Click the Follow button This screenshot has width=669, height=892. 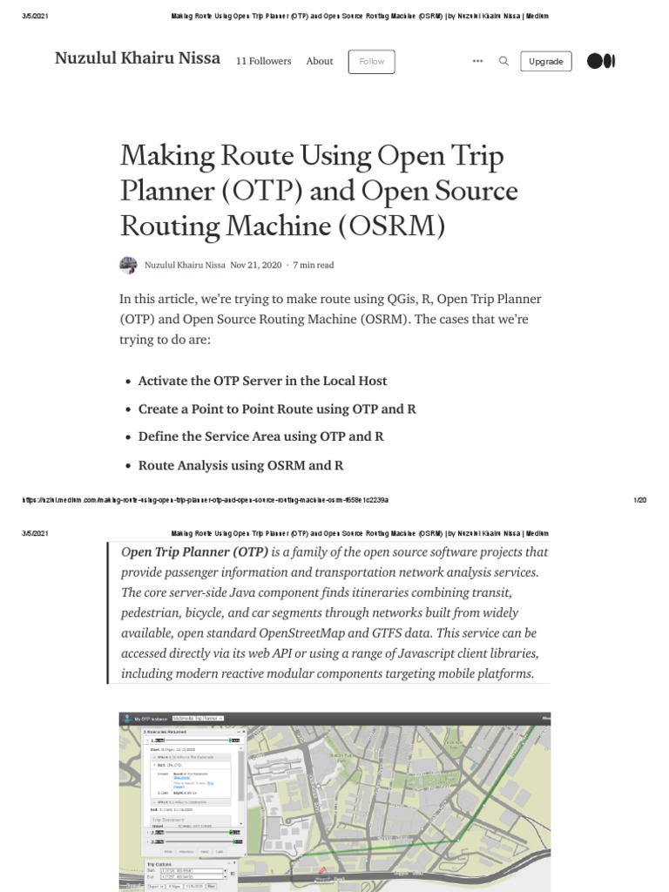pyautogui.click(x=371, y=62)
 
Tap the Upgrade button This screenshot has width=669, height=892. pyautogui.click(x=545, y=62)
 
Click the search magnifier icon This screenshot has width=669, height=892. pyautogui.click(x=503, y=61)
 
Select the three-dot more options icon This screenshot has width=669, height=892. pyautogui.click(x=477, y=61)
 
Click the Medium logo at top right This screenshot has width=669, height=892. pyautogui.click(x=601, y=61)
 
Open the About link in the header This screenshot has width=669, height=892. pyautogui.click(x=320, y=61)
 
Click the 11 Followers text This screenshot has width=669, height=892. pyautogui.click(x=263, y=61)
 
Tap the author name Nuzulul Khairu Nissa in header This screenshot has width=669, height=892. pyautogui.click(x=137, y=58)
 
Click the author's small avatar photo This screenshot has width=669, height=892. pyautogui.click(x=128, y=265)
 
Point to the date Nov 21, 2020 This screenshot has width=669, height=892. pyautogui.click(x=255, y=265)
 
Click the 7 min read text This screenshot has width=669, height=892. pyautogui.click(x=314, y=265)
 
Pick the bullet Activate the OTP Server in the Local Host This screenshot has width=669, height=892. pyautogui.click(x=262, y=381)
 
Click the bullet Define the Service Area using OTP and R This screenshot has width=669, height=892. pyautogui.click(x=260, y=436)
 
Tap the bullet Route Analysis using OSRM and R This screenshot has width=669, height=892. pyautogui.click(x=240, y=465)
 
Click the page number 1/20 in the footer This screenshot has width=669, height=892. pyautogui.click(x=639, y=500)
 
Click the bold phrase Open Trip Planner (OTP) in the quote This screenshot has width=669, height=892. pyautogui.click(x=194, y=552)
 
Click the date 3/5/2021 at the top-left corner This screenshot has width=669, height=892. pyautogui.click(x=35, y=16)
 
